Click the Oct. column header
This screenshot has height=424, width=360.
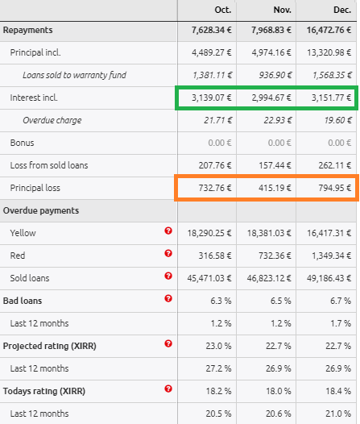(x=223, y=10)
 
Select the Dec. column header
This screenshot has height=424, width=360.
(x=342, y=10)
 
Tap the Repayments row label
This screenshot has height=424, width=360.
(x=28, y=30)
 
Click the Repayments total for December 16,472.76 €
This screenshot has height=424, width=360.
(x=329, y=30)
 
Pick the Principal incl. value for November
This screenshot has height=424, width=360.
(x=271, y=52)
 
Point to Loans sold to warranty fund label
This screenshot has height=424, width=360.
(x=74, y=75)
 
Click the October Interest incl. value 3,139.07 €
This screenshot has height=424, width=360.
(x=212, y=98)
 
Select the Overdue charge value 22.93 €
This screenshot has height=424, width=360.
(x=278, y=120)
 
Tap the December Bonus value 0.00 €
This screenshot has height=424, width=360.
(x=340, y=143)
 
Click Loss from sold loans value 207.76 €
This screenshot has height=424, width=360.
(x=215, y=165)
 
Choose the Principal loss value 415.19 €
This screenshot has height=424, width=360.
(x=275, y=188)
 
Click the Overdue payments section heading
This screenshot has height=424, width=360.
(x=41, y=210)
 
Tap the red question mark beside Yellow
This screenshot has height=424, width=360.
(x=168, y=231)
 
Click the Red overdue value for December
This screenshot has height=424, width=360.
(x=331, y=256)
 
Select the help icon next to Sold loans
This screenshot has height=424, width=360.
(x=168, y=276)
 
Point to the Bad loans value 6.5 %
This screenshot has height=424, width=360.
(x=281, y=301)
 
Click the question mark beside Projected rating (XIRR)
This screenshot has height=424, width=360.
(x=168, y=343)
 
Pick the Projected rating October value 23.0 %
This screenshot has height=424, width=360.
(x=218, y=346)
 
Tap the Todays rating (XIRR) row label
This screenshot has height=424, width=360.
(x=44, y=391)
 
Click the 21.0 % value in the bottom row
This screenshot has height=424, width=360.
(x=338, y=414)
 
